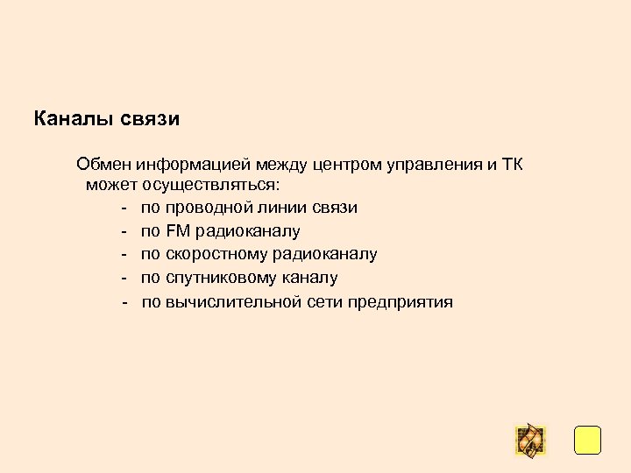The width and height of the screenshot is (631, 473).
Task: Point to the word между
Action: coord(280,164)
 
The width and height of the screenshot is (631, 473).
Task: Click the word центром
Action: coord(347,164)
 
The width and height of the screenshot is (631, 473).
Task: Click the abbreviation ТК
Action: coord(512,164)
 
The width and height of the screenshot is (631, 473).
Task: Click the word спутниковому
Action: coord(221,278)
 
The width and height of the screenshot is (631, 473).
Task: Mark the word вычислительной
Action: coord(232,302)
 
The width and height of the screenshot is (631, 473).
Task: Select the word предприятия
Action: coord(400,302)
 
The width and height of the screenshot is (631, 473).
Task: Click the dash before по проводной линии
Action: coord(126,208)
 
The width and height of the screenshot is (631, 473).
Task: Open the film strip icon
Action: coord(529,440)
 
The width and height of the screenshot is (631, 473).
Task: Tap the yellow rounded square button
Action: coord(587,440)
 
